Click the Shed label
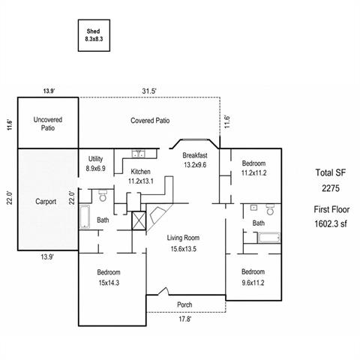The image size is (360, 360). point(93,31)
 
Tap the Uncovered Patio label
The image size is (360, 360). point(48,124)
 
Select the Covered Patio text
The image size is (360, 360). point(150,121)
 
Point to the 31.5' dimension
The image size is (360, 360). point(149,91)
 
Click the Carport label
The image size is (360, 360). point(46,202)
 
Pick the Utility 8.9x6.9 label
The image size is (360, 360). point(95,163)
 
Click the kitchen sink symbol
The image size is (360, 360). point(138,154)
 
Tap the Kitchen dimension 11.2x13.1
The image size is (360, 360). point(141,181)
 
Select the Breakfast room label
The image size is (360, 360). point(195,155)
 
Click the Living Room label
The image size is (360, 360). point(183,238)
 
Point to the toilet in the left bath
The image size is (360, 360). point(103,196)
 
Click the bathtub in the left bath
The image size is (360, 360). point(85,217)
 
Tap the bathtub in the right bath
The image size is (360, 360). point(269,238)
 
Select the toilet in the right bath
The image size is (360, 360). point(270,209)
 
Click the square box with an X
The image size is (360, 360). point(139,220)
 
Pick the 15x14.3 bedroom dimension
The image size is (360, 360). point(109,283)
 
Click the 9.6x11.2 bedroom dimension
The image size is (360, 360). point(253,283)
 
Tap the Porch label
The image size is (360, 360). point(184,304)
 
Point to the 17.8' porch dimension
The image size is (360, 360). point(184,319)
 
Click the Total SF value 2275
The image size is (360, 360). point(331,188)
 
